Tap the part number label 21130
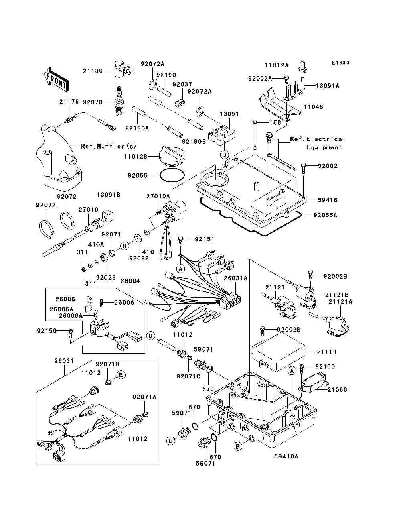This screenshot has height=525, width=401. [93, 71]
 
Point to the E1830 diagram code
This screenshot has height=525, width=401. [341, 63]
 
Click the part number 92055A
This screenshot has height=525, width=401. [325, 215]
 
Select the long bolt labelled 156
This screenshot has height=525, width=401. [255, 134]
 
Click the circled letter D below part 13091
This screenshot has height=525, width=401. [224, 155]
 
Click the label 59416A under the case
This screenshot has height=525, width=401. [286, 456]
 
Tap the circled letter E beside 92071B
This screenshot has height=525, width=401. [121, 375]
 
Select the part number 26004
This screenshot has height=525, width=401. [131, 281]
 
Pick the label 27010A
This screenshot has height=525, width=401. [158, 196]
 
